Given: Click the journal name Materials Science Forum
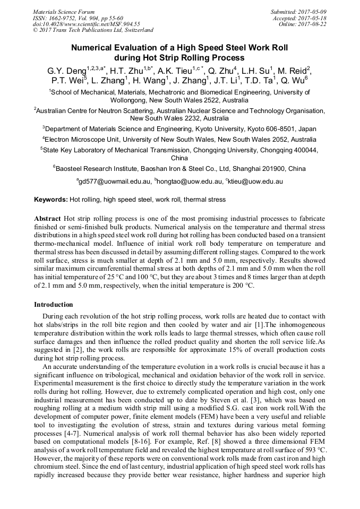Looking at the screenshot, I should (64, 12).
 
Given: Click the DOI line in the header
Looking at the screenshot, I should (87, 24).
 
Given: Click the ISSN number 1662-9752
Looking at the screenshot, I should (67, 18).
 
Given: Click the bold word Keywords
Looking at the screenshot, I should (50, 200).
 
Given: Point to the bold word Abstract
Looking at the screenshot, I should (47, 219).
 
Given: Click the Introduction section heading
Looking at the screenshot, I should (54, 305).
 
